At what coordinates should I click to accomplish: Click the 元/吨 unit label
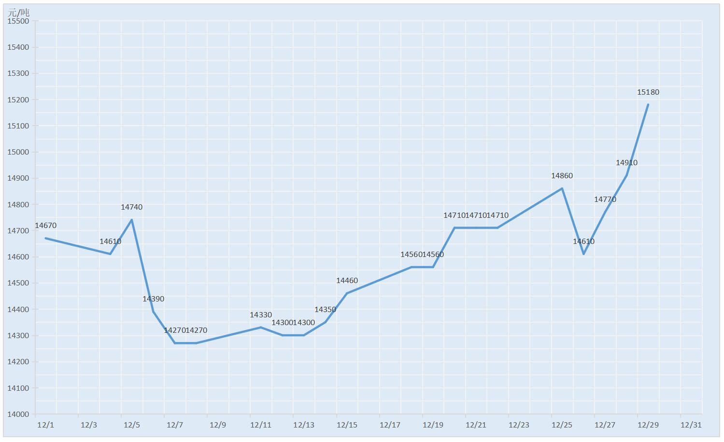pos(18,12)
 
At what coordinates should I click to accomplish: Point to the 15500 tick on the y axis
pos(18,21)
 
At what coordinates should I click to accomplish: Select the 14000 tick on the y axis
pos(18,414)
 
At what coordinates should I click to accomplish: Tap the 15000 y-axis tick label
pos(18,152)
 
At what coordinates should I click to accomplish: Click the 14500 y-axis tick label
pos(18,283)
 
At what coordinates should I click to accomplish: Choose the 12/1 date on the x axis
pos(45,425)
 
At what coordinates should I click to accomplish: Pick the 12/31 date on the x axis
pos(691,425)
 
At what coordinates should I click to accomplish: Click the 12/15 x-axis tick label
pos(347,425)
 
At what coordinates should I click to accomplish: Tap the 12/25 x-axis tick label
pos(562,425)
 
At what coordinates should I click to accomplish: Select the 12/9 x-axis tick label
pos(218,425)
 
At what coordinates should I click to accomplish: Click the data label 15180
pos(648,92)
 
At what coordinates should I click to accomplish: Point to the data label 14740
pos(131,207)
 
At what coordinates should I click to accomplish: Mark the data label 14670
pos(46,226)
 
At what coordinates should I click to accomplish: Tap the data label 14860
pos(562,176)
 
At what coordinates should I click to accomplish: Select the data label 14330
pos(261,315)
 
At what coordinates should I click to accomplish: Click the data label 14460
pos(347,281)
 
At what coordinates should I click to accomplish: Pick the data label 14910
pos(626,163)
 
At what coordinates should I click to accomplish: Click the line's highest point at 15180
pos(648,104)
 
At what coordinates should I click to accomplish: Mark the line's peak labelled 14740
pos(132,220)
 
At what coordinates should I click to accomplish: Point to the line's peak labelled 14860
pos(562,188)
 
